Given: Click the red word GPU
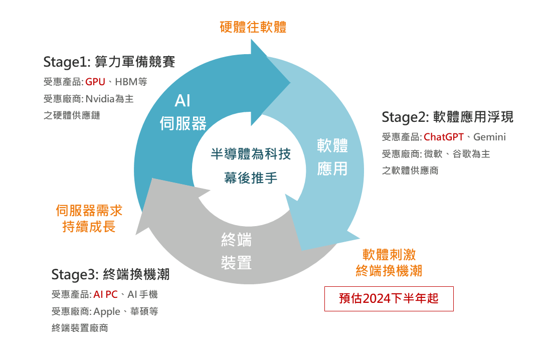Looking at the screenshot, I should (95, 82).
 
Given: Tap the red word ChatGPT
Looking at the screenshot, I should (444, 137).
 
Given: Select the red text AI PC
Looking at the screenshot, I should (105, 294).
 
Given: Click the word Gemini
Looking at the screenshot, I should (489, 137).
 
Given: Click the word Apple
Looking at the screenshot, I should (107, 311).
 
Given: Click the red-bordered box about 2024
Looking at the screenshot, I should (389, 299).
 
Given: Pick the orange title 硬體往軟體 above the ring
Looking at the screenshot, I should (253, 27).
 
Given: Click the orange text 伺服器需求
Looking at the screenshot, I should (89, 211).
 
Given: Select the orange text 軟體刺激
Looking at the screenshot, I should (389, 254).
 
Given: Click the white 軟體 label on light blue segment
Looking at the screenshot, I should (332, 146).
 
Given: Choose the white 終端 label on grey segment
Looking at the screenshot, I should (236, 240).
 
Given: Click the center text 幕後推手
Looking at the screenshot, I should (251, 177).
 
